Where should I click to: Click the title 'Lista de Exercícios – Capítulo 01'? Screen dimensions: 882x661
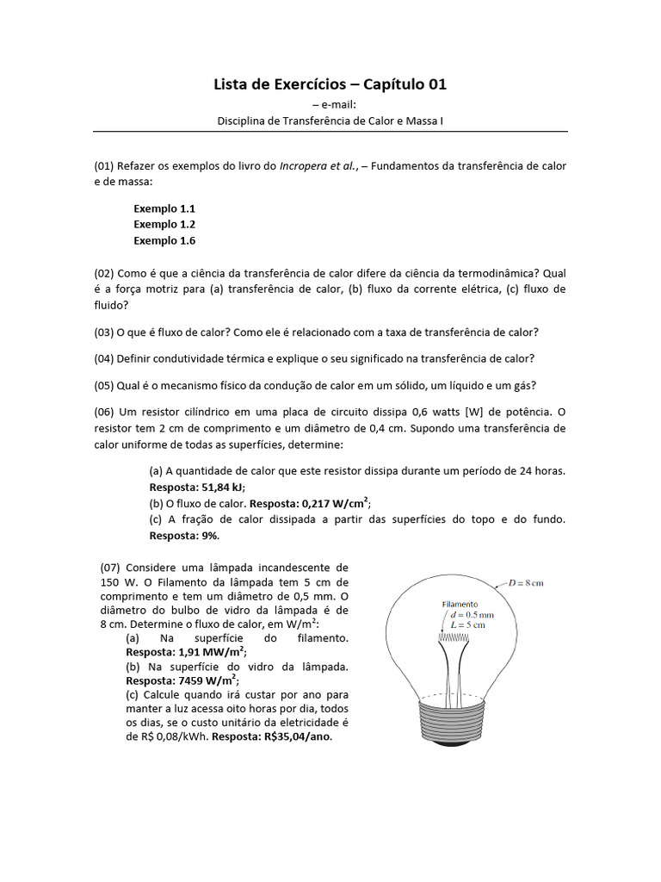pos(330,84)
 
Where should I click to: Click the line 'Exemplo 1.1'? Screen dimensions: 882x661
pos(164,208)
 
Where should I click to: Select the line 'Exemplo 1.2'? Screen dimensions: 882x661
pos(164,224)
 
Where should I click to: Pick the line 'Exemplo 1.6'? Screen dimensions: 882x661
pos(164,240)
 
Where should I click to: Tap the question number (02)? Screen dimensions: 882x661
pos(105,274)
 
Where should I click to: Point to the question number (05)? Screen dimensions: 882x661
pos(105,385)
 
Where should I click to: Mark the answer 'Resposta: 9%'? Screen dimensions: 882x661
pos(184,536)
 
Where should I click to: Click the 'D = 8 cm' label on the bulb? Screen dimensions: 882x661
pos(526,583)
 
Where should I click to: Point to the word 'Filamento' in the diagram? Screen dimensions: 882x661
pos(461,605)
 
